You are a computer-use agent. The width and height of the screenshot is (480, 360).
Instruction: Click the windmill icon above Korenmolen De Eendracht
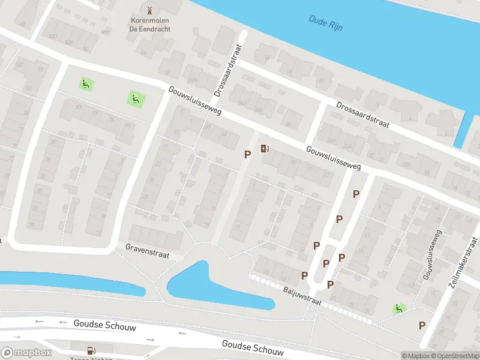point(149,10)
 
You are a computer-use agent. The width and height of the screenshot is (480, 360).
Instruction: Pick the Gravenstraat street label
point(147,251)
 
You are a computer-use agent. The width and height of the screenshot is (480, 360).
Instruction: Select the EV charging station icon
point(265,149)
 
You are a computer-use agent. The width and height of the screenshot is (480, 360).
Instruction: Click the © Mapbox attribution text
point(415,355)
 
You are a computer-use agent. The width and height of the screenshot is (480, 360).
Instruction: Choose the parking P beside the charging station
point(247,155)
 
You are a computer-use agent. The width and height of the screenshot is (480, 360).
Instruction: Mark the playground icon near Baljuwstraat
point(397,309)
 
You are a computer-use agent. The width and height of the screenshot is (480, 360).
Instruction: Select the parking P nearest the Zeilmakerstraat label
point(422,325)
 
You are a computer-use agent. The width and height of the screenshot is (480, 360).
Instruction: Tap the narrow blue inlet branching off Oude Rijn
point(463,129)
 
